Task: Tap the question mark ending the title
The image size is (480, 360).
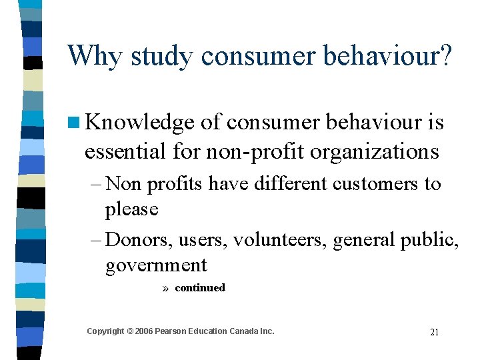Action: (x=445, y=55)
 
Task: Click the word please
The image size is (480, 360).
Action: (x=131, y=210)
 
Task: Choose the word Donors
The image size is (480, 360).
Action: (x=139, y=239)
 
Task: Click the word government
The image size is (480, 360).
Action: (x=156, y=266)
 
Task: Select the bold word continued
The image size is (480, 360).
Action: (x=200, y=288)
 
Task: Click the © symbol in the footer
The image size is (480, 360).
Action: (x=129, y=331)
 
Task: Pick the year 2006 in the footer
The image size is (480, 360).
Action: (x=143, y=331)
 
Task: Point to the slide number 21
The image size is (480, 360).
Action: (x=434, y=332)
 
